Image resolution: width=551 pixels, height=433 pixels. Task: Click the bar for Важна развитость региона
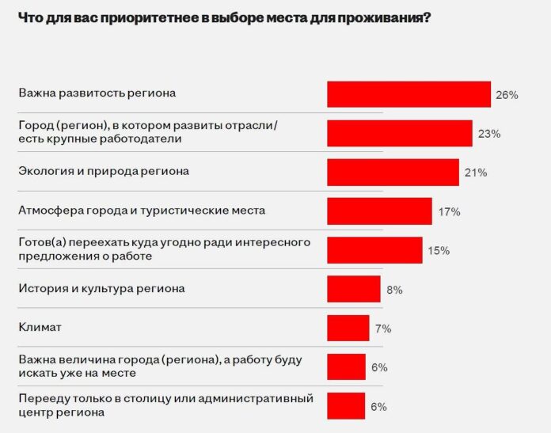click(408, 94)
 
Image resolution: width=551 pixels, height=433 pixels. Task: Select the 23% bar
click(400, 133)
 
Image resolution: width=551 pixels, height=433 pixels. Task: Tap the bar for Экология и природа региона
click(393, 172)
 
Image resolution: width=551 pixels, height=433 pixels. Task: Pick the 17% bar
click(379, 211)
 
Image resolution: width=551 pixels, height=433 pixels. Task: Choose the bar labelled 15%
click(374, 250)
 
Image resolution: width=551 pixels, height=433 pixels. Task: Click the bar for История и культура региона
click(354, 289)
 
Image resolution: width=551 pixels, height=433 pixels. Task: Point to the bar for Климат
click(348, 328)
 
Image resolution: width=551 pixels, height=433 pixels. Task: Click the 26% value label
click(507, 95)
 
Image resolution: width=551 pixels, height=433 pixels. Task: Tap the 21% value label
click(476, 173)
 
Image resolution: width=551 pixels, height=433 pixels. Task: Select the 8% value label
click(394, 290)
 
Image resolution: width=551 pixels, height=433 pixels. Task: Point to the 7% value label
click(383, 329)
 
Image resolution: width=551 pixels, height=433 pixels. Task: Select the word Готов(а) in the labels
click(41, 242)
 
